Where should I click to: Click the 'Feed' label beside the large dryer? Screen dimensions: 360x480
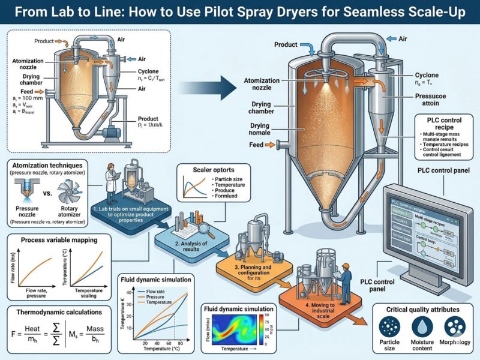click(x=255, y=145)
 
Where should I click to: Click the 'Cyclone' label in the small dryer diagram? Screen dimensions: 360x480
click(x=147, y=71)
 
